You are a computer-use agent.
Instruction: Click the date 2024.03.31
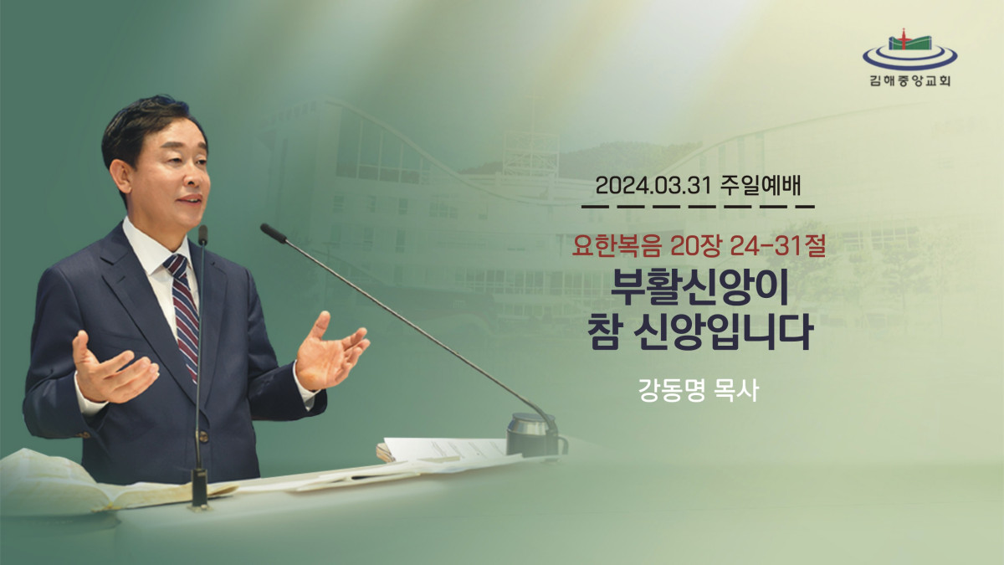tap(653, 186)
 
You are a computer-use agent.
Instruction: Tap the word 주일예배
tap(761, 186)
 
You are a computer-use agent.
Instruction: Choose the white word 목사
tap(738, 390)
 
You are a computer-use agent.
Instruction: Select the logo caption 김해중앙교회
tap(910, 81)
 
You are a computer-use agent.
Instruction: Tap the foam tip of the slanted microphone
tap(273, 233)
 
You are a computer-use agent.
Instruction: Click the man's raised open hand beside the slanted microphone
tap(330, 352)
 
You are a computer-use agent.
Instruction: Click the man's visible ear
tap(120, 177)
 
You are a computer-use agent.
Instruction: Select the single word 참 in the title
tap(603, 333)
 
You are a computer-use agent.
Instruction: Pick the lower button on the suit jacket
tap(203, 436)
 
